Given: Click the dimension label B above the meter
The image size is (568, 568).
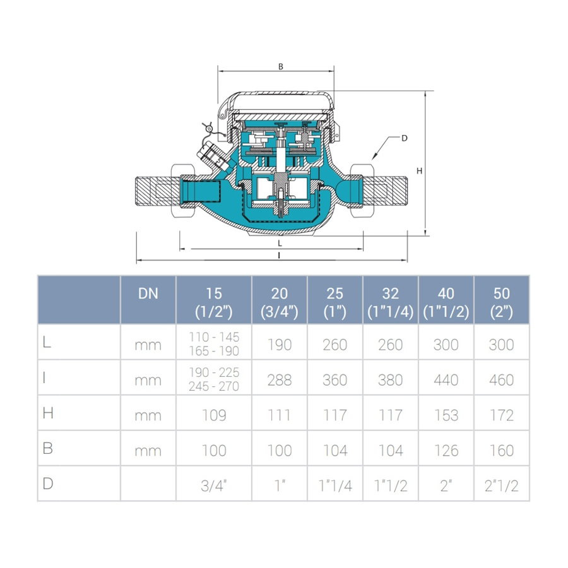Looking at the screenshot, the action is (x=281, y=67).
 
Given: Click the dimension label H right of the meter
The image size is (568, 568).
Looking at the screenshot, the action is (x=419, y=170).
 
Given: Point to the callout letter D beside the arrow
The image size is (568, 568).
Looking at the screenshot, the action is (x=405, y=138).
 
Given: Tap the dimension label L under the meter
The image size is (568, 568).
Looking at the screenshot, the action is (x=280, y=244).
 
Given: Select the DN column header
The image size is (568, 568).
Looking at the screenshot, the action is (x=148, y=293).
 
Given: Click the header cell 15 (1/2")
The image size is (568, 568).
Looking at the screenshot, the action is (x=214, y=302).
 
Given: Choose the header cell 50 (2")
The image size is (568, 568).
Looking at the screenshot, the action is (x=501, y=302).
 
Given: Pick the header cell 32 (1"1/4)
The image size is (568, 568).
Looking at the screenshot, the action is (x=391, y=302).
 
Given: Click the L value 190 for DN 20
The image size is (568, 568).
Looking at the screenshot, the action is (x=280, y=345).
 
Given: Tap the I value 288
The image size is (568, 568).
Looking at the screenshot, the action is (x=280, y=380).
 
